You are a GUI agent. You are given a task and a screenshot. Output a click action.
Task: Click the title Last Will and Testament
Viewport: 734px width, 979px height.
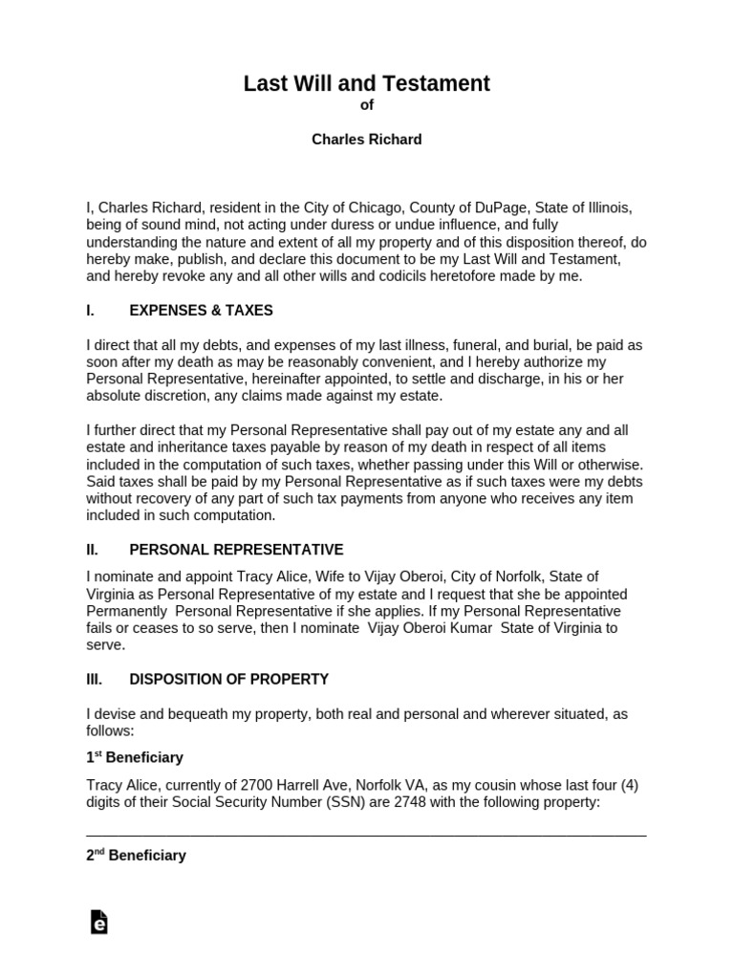[x=367, y=84]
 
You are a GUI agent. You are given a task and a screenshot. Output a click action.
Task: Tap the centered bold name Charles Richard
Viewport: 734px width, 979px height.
[x=367, y=140]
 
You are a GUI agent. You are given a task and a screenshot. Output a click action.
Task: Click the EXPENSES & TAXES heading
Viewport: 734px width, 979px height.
[x=201, y=311]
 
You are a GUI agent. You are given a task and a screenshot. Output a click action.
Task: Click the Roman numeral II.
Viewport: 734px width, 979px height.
[x=93, y=550]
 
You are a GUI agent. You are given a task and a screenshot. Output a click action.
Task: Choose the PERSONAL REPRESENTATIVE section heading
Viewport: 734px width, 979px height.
[x=236, y=550]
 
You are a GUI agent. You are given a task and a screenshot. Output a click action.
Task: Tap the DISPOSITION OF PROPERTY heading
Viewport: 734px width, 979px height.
[x=228, y=680]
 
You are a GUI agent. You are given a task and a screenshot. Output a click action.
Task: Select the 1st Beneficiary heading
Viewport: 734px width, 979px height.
[x=135, y=757]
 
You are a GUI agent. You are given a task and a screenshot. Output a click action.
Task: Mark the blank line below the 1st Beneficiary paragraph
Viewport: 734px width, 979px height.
[x=366, y=835]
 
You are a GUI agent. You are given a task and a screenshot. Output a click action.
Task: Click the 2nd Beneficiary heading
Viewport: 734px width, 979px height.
[x=136, y=856]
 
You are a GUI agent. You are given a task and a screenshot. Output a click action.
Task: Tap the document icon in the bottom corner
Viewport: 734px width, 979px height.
[x=97, y=922]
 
